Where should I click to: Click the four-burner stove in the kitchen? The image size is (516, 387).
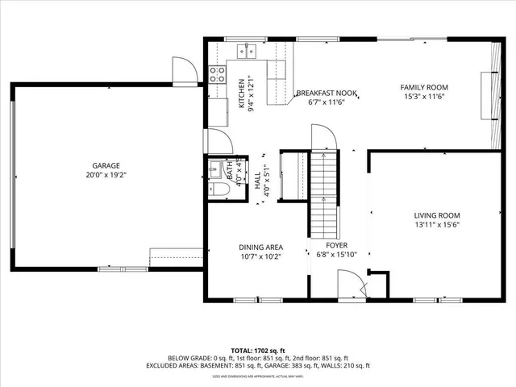[218, 74]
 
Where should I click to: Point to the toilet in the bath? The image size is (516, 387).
[216, 189]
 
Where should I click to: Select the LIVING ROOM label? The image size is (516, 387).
[437, 215]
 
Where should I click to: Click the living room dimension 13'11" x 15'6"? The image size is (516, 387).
[437, 226]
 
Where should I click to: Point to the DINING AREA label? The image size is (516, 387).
[260, 248]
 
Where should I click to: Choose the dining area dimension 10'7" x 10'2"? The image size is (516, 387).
[260, 258]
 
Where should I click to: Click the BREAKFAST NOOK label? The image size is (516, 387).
[322, 94]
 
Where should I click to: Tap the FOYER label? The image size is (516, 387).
[336, 244]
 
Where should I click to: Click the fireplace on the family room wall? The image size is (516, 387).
[487, 95]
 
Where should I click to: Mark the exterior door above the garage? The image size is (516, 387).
[185, 71]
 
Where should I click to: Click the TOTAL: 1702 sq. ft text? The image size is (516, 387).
[257, 350]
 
